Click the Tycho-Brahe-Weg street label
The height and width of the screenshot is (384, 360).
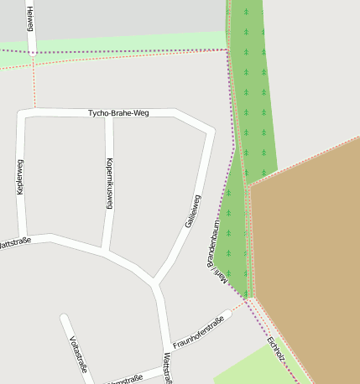(x=118, y=112)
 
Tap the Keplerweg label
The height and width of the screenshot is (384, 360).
(x=21, y=177)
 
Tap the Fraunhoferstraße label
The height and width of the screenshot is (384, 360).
(x=201, y=333)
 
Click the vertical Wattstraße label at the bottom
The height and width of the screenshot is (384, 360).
(x=168, y=367)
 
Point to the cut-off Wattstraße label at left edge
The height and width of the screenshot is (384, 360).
(x=15, y=241)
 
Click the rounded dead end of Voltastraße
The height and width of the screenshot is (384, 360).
(x=64, y=319)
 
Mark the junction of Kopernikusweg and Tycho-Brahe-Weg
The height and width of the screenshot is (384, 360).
(x=109, y=113)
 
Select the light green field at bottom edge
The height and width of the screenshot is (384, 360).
(x=252, y=369)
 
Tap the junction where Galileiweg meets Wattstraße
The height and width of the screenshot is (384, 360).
(x=153, y=281)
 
